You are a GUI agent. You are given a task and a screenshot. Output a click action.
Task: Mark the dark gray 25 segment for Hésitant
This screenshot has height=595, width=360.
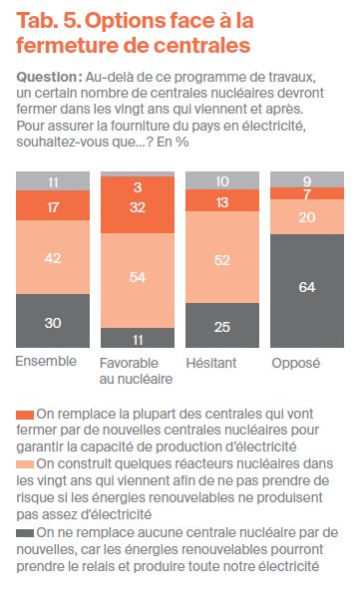pos(220,325)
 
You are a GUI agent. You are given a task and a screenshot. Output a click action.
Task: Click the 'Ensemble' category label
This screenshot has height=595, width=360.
pos(45,363)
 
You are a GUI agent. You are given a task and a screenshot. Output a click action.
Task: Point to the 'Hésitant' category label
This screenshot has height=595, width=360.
pos(212,363)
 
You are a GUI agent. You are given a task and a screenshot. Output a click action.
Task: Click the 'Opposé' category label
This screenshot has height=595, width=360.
pos(295,363)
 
